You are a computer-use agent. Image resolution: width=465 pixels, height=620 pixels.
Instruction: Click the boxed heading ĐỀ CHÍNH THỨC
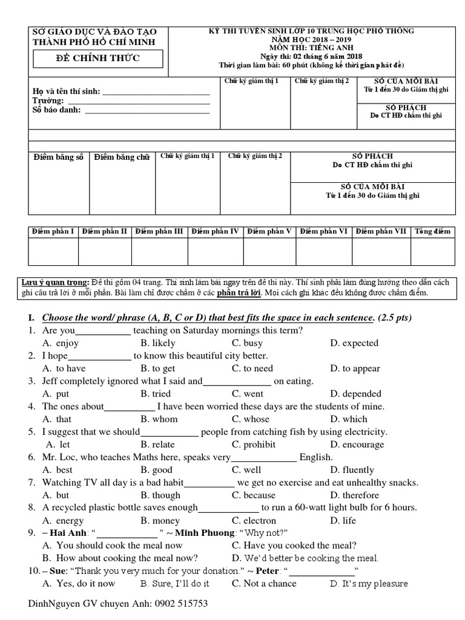[x=97, y=58]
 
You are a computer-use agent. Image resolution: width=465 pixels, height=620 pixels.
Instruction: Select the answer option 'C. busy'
[x=247, y=343]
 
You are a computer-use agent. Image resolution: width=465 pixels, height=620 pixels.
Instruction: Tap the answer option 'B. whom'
[x=159, y=419]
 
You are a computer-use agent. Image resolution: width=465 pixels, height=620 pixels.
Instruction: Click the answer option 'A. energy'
[x=62, y=521]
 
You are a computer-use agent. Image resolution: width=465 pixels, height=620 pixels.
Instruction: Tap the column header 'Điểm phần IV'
[x=215, y=231]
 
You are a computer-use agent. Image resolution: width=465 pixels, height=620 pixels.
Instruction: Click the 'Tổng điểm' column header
[x=432, y=231]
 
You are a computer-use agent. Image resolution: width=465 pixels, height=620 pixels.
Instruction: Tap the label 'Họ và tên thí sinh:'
[x=65, y=91]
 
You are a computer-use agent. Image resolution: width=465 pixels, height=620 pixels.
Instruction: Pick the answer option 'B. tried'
[x=156, y=394]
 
